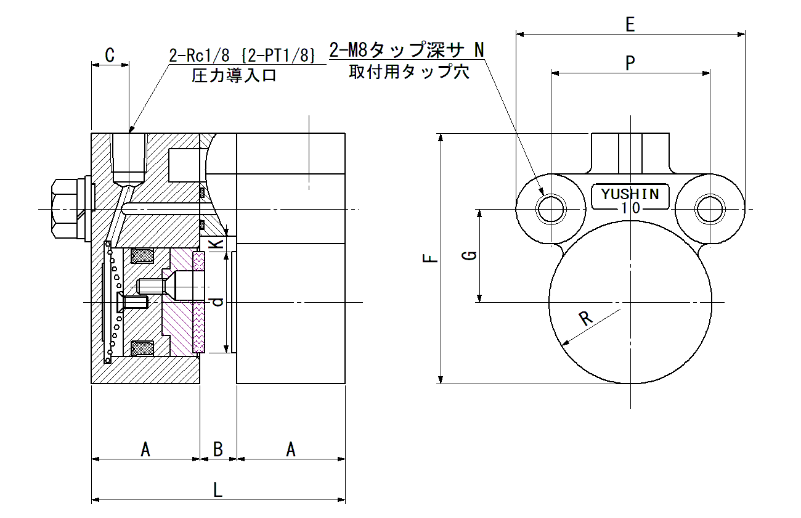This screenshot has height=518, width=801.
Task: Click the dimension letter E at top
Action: click(630, 24)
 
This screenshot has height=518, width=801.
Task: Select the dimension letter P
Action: click(630, 63)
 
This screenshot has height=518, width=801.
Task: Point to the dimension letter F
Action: click(430, 258)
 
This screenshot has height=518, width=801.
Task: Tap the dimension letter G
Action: click(470, 255)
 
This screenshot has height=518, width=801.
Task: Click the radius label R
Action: click(585, 318)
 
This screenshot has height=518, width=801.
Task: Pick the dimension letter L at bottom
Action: click(218, 490)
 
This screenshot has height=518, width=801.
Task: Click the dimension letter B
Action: click(218, 449)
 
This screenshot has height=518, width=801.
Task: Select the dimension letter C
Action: click(110, 55)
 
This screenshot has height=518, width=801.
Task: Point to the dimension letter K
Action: click(216, 244)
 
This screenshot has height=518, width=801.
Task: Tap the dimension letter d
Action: click(218, 302)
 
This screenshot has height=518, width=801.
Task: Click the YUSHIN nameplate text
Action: click(630, 194)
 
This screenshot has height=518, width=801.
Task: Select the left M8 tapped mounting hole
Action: click(551, 209)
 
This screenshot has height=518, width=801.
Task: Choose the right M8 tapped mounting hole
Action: click(710, 209)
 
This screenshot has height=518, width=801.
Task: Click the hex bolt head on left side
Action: click(65, 209)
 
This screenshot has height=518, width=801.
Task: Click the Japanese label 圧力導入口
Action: click(234, 75)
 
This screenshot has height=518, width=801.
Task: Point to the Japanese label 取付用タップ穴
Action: click(409, 72)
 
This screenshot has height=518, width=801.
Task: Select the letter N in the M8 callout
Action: click(479, 50)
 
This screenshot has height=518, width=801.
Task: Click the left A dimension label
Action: click(145, 449)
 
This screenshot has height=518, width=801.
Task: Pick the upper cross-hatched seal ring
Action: click(142, 255)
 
